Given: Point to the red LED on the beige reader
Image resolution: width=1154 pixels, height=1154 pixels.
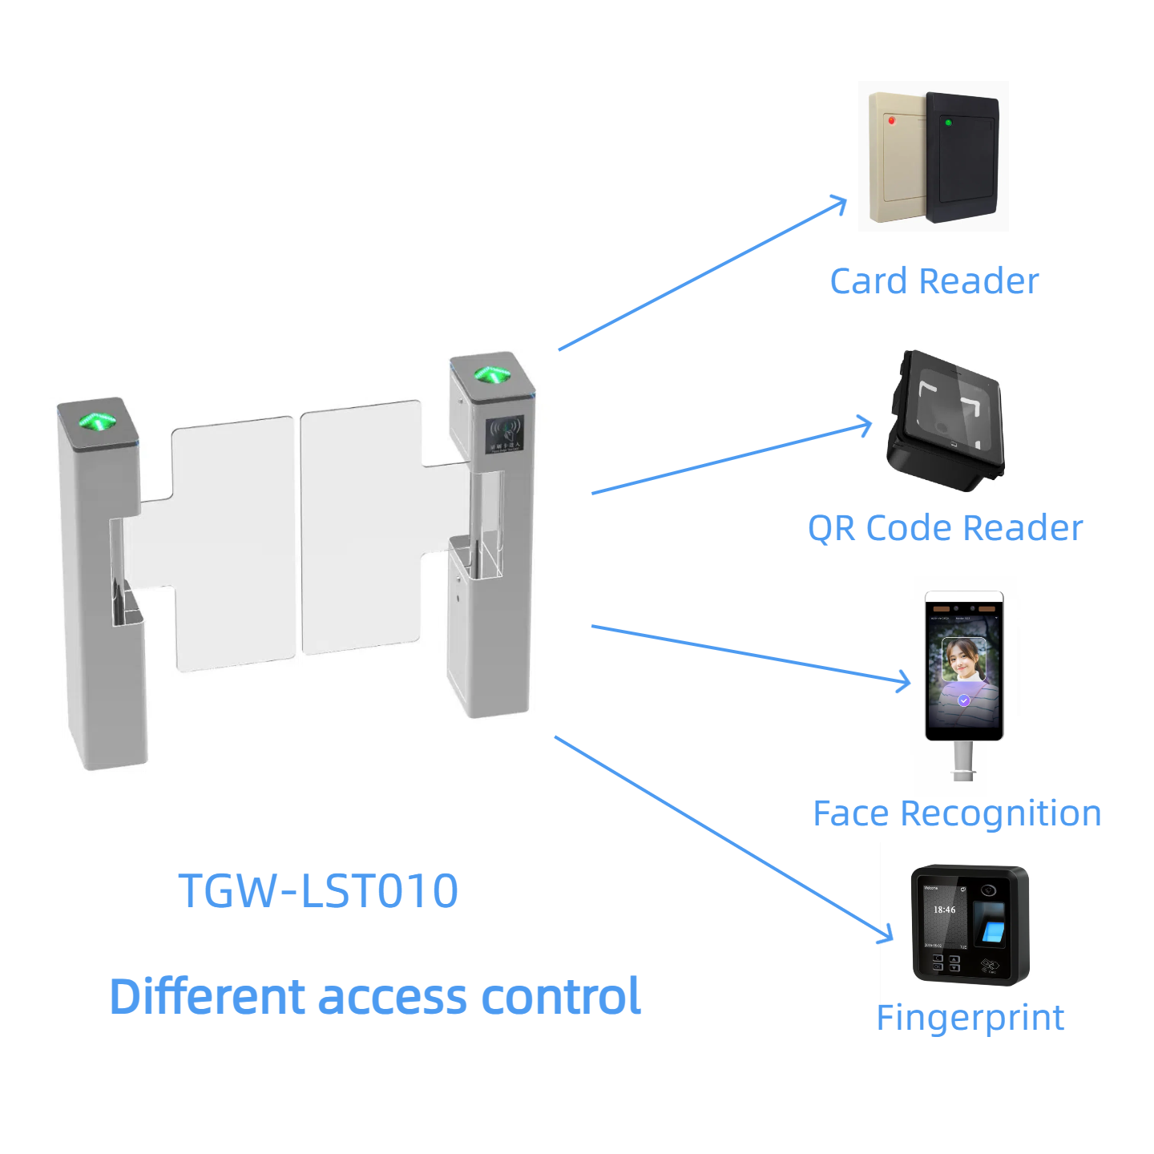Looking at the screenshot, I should pyautogui.click(x=891, y=120).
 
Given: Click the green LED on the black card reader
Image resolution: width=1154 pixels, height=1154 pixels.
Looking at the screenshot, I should pyautogui.click(x=948, y=123).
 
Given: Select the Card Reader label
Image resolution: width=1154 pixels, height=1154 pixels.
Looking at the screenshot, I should pyautogui.click(x=934, y=281).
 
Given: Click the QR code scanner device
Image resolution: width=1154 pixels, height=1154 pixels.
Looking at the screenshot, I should pyautogui.click(x=946, y=421).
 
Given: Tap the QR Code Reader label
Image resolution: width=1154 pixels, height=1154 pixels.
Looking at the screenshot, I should pyautogui.click(x=945, y=528).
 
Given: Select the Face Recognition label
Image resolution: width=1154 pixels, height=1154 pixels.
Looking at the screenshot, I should pyautogui.click(x=957, y=813).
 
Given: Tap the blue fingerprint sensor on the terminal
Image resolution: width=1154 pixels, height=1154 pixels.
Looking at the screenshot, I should pyautogui.click(x=993, y=931).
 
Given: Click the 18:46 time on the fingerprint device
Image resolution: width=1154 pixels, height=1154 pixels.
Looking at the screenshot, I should pyautogui.click(x=944, y=910).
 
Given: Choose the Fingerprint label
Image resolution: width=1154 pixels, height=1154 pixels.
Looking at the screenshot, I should pyautogui.click(x=970, y=1018).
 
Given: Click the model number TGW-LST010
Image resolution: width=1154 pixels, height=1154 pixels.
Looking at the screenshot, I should pyautogui.click(x=318, y=890).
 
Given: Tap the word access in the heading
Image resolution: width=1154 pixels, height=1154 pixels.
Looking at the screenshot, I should pyautogui.click(x=393, y=997).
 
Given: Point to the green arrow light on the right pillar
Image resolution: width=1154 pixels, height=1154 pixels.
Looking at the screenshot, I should pyautogui.click(x=490, y=373).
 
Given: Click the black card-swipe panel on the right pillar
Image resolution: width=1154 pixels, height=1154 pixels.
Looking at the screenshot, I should pyautogui.click(x=506, y=434).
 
